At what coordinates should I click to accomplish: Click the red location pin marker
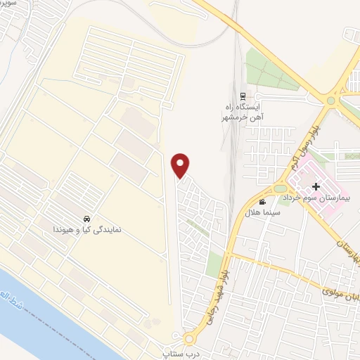(181, 165)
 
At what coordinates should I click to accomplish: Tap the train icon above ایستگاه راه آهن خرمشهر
(243, 97)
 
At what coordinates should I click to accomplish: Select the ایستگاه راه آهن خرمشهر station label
(243, 111)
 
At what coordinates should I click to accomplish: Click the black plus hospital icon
(316, 186)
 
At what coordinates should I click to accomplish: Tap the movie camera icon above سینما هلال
(262, 202)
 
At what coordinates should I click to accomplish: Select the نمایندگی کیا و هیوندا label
(86, 229)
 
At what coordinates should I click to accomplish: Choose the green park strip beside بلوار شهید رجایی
(214, 263)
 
